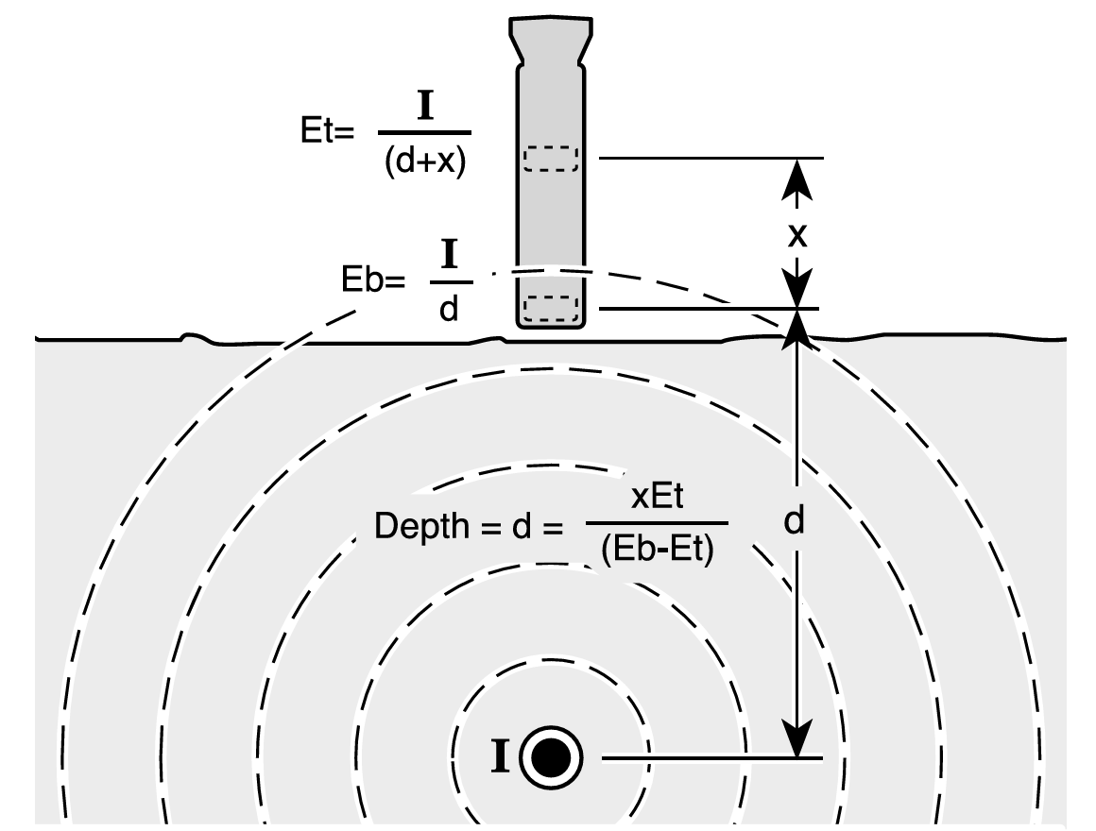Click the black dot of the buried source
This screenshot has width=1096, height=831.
(x=552, y=758)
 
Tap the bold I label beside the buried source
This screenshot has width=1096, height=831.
(x=500, y=757)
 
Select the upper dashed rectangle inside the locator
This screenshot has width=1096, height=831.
(x=552, y=159)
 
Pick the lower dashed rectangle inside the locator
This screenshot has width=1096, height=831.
(x=552, y=309)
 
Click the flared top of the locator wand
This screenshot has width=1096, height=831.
(x=551, y=40)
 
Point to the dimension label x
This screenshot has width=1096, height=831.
(x=796, y=235)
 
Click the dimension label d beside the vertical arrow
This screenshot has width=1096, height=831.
(x=794, y=521)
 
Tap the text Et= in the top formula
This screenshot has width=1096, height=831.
(x=327, y=130)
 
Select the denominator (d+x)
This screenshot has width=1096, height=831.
(x=425, y=161)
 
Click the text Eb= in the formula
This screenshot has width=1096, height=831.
(x=372, y=280)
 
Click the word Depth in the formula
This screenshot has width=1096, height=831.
(x=421, y=526)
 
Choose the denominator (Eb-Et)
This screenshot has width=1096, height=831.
(x=657, y=550)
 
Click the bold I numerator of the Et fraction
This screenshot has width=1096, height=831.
(x=425, y=107)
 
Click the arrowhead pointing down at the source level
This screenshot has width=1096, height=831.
(x=796, y=738)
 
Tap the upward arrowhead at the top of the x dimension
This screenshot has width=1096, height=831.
(x=796, y=179)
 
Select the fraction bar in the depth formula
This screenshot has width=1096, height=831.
(x=657, y=522)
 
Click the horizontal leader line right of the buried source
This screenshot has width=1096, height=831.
(x=712, y=758)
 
